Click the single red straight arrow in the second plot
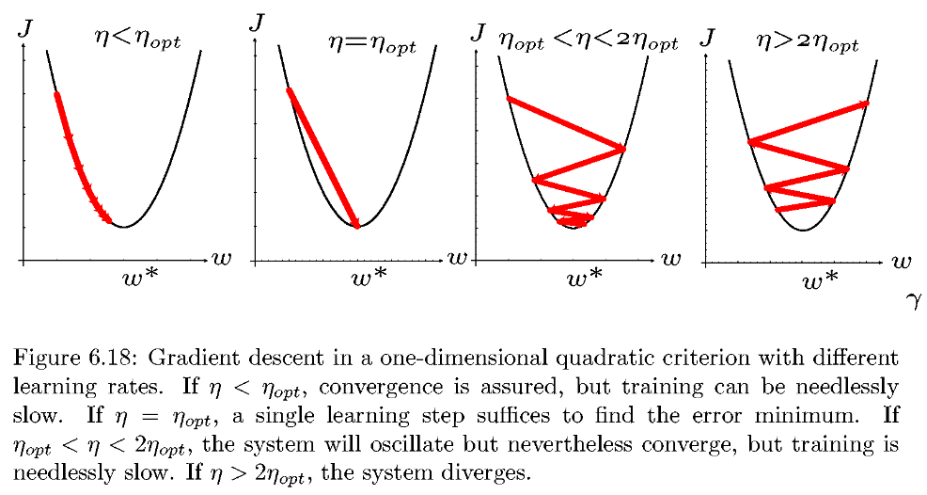pos(322,158)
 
